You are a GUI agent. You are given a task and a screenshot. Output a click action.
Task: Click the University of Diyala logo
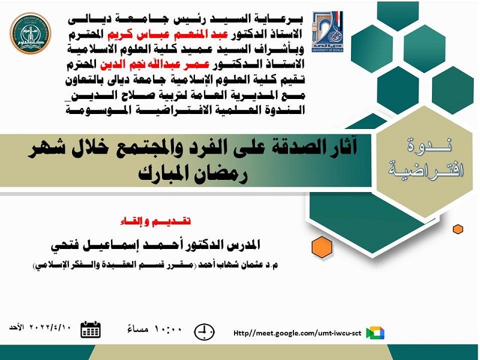pos(328,32)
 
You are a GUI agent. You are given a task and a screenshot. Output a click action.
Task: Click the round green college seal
pos(31,34)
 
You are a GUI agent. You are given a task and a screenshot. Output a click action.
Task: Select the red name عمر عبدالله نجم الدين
pos(155,65)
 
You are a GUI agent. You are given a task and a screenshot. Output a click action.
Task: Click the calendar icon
pos(91,329)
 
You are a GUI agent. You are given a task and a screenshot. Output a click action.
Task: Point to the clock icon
pos(204,332)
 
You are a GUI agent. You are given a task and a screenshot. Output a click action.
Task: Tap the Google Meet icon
pos(376,333)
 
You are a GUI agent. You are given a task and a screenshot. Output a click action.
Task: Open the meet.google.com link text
pos(297,333)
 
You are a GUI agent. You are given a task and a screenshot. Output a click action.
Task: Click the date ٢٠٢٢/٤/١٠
pos(50,327)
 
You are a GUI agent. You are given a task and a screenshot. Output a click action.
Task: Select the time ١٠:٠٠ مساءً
pos(155,329)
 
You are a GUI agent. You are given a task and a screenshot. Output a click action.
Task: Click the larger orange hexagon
pos(322,247)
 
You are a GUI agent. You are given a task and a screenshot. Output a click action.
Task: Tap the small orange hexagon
pos(458,229)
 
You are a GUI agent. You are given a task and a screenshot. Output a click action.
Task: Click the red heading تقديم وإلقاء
pos(155,221)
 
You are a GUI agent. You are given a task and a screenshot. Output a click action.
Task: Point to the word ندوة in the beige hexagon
pos(429,145)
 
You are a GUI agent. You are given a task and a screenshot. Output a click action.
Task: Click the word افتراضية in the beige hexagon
pos(426,170)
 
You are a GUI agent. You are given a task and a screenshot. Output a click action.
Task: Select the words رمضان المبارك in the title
pos(193,175)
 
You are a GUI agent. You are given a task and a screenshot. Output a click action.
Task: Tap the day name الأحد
pos(17,327)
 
